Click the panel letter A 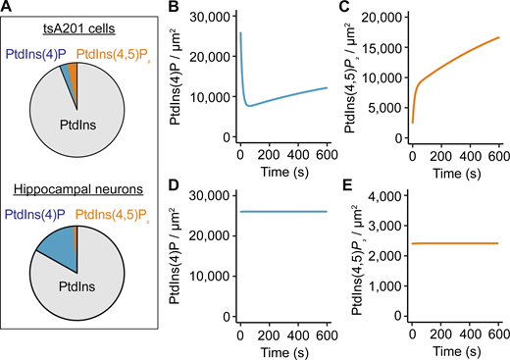pyautogui.click(x=7, y=9)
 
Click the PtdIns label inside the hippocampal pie pyautogui.click(x=78, y=289)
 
